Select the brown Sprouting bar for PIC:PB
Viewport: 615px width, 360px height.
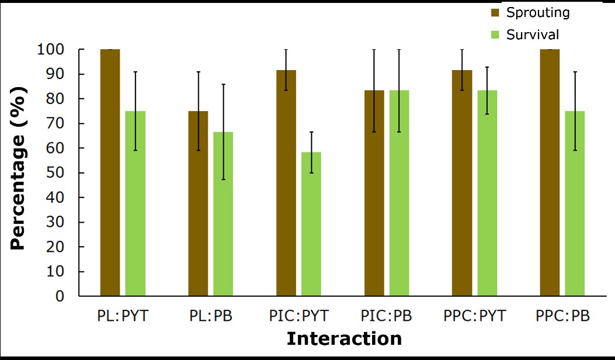click(374, 193)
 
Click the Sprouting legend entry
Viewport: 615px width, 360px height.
click(538, 12)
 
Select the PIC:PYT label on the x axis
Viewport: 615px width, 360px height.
click(298, 316)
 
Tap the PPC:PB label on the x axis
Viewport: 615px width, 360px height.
click(562, 316)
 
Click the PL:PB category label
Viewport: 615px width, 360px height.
click(210, 316)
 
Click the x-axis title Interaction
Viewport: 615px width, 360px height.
click(344, 339)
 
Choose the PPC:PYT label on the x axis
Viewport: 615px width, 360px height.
click(474, 316)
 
